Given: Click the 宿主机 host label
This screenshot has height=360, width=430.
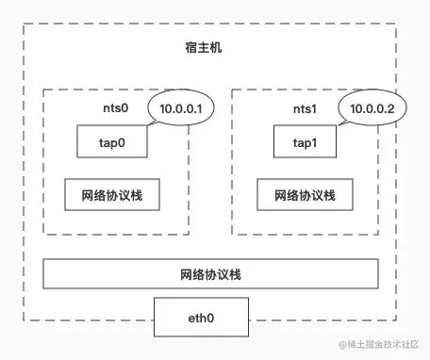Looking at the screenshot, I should point(204,47).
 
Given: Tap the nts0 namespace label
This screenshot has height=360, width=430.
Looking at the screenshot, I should point(118,109).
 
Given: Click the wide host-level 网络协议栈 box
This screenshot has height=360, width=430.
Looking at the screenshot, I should point(211,274).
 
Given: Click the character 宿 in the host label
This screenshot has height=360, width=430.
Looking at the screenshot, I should point(191,47).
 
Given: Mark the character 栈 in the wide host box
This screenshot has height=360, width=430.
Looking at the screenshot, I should point(237,274).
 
